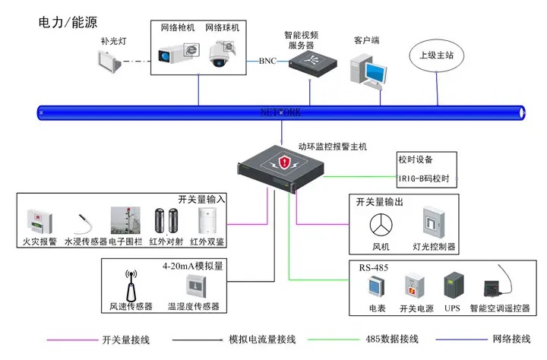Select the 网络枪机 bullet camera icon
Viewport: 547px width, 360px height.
tap(176, 53)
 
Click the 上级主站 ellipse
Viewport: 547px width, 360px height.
tap(438, 55)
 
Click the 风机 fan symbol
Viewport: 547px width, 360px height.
tap(380, 225)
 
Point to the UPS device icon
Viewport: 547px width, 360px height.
tap(454, 286)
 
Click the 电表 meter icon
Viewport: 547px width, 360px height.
tap(377, 287)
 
